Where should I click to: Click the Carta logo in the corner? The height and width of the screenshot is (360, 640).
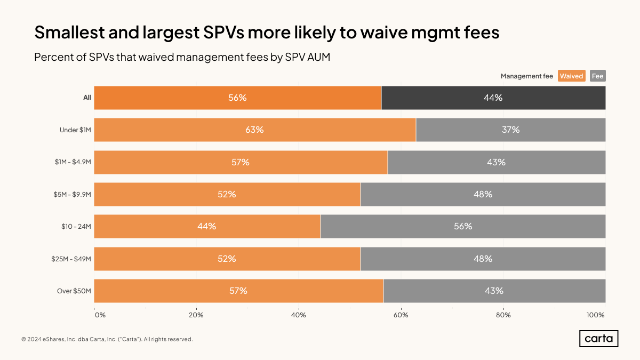(598, 339)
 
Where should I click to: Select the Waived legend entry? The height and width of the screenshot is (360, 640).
(571, 76)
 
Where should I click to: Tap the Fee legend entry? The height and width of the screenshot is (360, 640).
(597, 76)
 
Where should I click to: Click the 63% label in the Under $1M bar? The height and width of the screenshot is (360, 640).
(254, 130)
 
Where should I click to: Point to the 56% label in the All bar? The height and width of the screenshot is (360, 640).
(237, 98)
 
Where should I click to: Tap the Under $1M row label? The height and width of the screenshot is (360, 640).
(75, 130)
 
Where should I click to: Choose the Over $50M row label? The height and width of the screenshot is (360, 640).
(74, 291)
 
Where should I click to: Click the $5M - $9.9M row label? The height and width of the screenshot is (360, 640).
(73, 194)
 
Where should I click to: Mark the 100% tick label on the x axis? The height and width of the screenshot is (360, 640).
(595, 315)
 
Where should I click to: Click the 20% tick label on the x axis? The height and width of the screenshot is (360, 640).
(196, 315)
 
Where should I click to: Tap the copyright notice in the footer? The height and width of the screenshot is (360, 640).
(107, 339)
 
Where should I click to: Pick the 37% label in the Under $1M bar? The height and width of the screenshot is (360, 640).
(510, 130)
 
